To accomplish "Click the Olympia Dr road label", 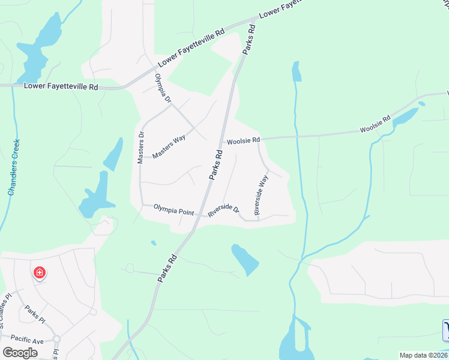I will (163, 89).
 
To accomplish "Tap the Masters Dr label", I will (142, 147).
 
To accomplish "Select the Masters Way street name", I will (169, 146).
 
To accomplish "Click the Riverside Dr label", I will (224, 211).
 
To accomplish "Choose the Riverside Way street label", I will (260, 195).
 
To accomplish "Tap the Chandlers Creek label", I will (13, 168).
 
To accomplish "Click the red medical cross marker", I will (40, 274).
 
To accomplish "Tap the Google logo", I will (20, 352).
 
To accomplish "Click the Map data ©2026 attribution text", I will (423, 355).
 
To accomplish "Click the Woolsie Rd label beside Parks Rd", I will (243, 141).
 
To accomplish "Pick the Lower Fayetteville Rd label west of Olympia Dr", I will (61, 86).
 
